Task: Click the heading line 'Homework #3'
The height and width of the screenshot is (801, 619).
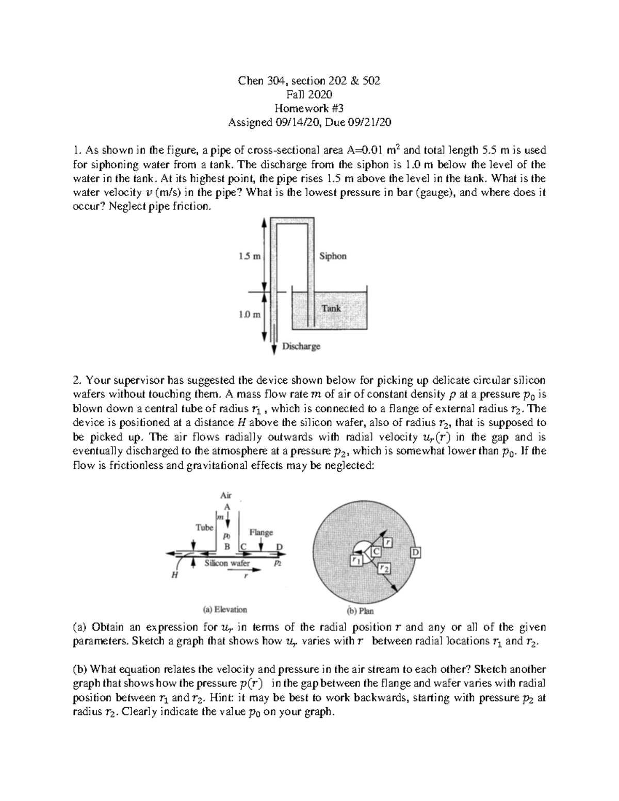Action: click(309, 108)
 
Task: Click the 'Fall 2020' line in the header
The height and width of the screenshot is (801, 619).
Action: click(309, 94)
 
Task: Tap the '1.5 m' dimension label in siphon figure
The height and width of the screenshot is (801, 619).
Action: click(250, 256)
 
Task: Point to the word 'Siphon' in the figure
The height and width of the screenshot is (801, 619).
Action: click(333, 256)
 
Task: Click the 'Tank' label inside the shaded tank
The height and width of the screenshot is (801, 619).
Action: click(331, 308)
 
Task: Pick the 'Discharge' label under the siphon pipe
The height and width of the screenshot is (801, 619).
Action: click(301, 347)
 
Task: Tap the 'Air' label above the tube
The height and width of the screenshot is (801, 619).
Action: click(226, 495)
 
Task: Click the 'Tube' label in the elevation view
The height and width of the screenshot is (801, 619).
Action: click(204, 528)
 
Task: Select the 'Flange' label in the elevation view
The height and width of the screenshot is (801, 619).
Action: click(261, 532)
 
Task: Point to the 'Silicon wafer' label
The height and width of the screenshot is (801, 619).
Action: click(227, 563)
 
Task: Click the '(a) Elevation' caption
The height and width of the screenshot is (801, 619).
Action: click(225, 609)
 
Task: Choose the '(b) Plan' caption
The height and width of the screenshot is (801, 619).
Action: click(361, 611)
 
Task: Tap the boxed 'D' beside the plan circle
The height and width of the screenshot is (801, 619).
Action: click(416, 553)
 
